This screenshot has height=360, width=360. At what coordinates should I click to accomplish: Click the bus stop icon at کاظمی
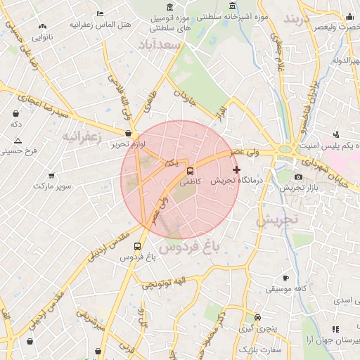click(190, 171)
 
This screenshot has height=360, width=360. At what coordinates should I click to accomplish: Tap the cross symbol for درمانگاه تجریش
click(236, 169)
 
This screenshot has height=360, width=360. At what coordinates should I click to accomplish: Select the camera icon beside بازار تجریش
click(298, 177)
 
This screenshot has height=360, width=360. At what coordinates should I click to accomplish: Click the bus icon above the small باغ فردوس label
click(136, 247)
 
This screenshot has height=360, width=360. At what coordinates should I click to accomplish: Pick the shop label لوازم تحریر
click(127, 144)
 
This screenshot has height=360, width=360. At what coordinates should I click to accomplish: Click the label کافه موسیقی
click(285, 289)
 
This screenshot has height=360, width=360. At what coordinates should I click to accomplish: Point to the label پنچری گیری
click(257, 328)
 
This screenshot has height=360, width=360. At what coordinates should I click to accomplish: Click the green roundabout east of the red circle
click(285, 149)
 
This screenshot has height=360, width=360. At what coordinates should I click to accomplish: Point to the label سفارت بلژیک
click(261, 349)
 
